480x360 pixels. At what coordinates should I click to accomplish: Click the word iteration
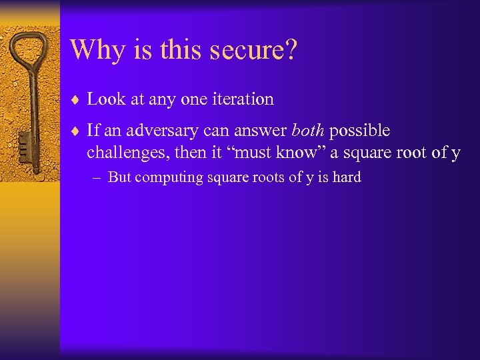[248, 99]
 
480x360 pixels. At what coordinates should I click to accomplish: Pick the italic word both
[308, 131]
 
